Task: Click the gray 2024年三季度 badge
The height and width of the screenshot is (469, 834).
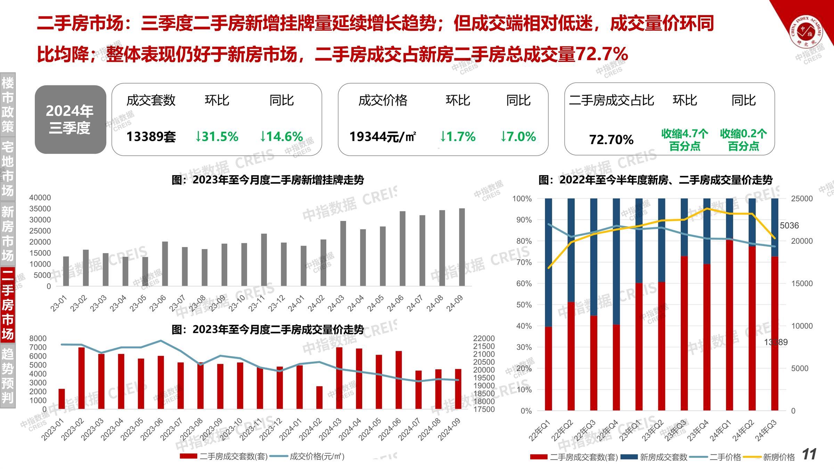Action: [x=70, y=120]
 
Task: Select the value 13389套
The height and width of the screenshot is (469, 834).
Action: [x=151, y=137]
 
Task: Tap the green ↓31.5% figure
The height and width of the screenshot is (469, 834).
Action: [x=216, y=137]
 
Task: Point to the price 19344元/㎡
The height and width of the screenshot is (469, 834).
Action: [x=383, y=137]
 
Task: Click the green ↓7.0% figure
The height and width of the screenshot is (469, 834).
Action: [x=518, y=137]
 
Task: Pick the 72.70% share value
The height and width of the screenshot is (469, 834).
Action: [x=611, y=140]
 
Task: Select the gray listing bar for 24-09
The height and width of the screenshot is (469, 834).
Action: [x=462, y=247]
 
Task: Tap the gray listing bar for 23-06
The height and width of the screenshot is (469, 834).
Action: [x=165, y=264]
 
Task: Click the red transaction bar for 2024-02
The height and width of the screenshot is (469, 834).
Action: [x=319, y=397]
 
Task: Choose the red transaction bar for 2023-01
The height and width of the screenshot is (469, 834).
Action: [x=62, y=399]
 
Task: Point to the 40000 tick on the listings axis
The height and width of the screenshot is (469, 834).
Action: [x=40, y=198]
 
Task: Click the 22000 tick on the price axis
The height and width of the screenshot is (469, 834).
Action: [x=484, y=338]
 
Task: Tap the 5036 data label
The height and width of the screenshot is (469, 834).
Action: [x=789, y=225]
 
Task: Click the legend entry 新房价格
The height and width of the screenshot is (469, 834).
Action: [x=778, y=457]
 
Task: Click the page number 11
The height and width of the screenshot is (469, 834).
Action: [x=810, y=454]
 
